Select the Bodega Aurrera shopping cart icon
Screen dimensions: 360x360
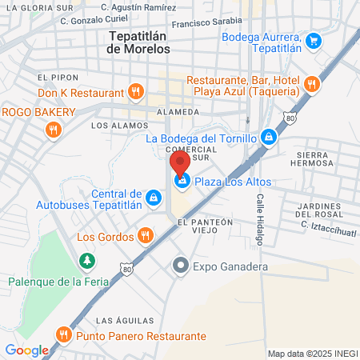tap(314, 39)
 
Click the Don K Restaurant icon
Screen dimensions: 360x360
tap(136, 91)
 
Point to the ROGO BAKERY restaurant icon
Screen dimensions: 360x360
tap(53, 128)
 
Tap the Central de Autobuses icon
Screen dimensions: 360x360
tap(154, 195)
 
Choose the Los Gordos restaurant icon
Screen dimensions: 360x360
tap(145, 235)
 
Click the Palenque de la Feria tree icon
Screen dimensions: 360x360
tap(86, 260)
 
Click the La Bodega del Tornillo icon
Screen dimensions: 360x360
tap(269, 138)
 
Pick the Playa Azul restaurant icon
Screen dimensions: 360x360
tap(311, 82)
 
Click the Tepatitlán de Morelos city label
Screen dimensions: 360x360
tap(138, 42)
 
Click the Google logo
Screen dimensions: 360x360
tap(26, 350)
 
